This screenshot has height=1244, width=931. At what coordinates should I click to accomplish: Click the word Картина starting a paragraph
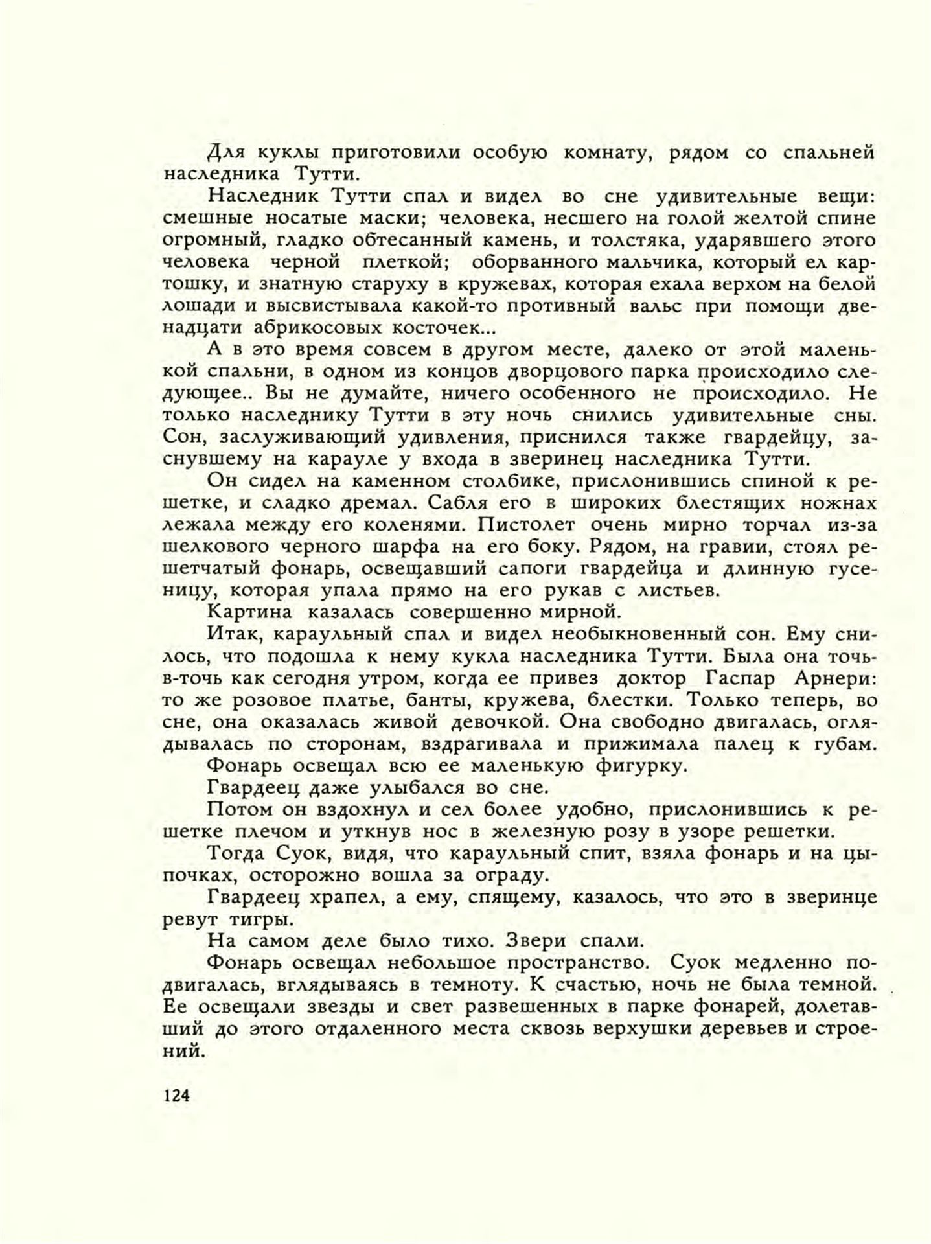pos(250,612)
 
